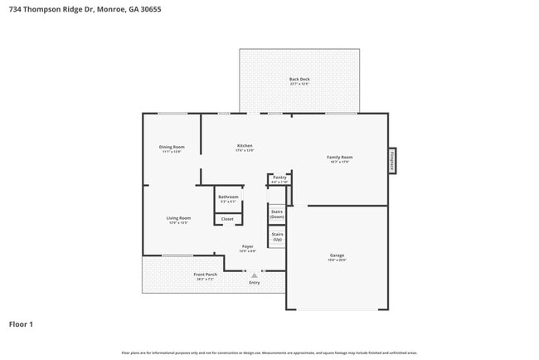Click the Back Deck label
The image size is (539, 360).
(299, 79)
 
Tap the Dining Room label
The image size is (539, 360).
(170, 147)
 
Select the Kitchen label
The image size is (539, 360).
(245, 146)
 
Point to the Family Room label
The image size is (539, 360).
(340, 157)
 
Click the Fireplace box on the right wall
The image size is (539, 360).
(392, 161)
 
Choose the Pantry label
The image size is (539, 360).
(279, 178)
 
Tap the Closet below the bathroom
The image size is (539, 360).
(227, 219)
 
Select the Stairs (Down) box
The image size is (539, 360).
(277, 214)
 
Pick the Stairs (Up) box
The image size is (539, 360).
(277, 236)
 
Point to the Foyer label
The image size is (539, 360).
(247, 246)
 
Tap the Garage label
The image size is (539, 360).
(337, 255)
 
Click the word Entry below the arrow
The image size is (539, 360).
(254, 283)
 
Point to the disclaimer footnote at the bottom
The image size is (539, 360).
(269, 353)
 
